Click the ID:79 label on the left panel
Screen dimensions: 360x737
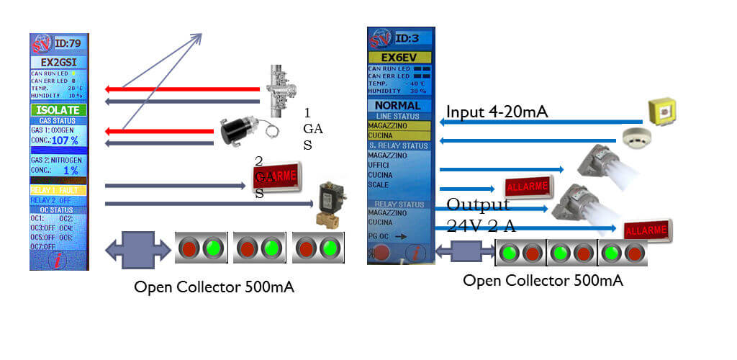pyautogui.click(x=68, y=42)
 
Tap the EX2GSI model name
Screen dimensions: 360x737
pyautogui.click(x=58, y=62)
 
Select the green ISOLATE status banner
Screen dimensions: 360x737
pyautogui.click(x=58, y=110)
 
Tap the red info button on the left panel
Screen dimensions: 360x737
pyautogui.click(x=58, y=260)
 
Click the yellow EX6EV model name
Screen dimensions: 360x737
pyautogui.click(x=399, y=57)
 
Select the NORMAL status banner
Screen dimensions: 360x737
pyautogui.click(x=398, y=105)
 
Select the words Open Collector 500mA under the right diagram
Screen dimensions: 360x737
pyautogui.click(x=543, y=280)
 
